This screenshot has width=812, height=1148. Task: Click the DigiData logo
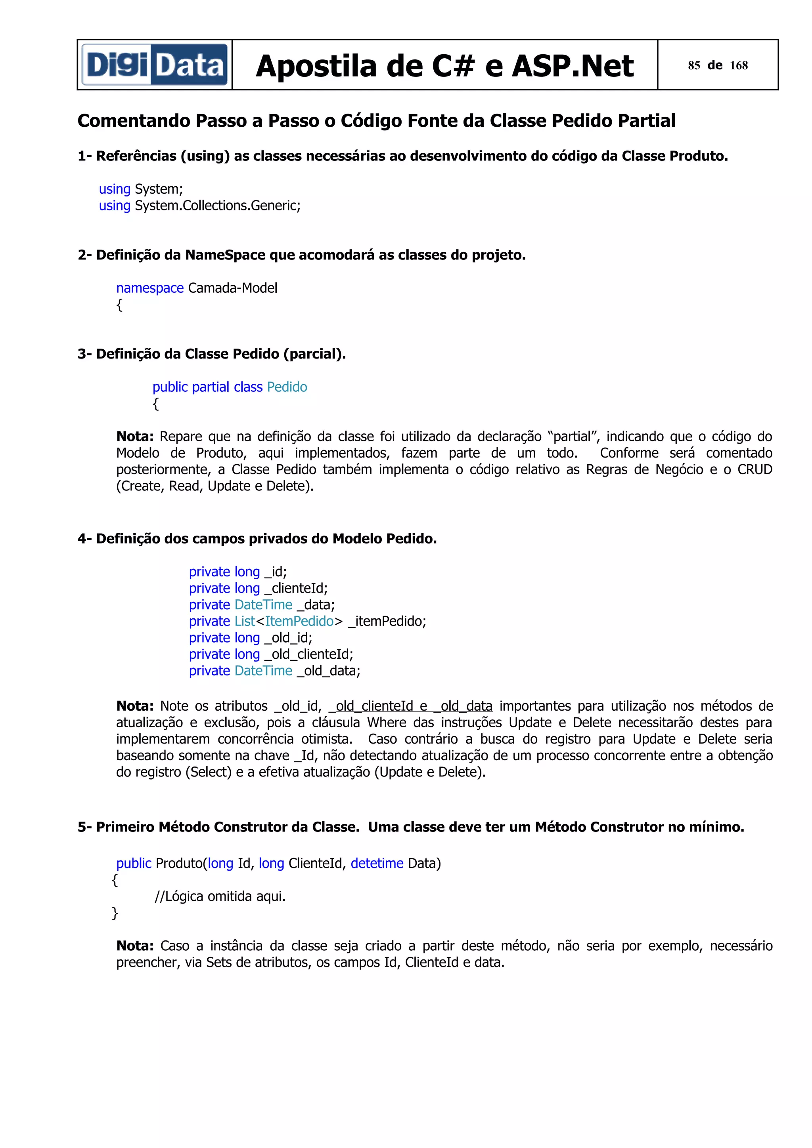pos(155,65)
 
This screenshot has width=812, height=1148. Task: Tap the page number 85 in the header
pos(693,65)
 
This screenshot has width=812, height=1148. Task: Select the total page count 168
pos(739,65)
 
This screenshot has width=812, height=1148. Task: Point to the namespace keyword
pos(149,288)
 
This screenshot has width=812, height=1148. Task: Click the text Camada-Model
pos(233,288)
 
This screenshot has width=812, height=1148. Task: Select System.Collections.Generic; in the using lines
pos(218,206)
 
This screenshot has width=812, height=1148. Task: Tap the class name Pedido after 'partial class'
pos(287,387)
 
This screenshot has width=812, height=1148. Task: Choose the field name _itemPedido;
pos(387,621)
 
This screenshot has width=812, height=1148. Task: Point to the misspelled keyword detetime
pos(377,863)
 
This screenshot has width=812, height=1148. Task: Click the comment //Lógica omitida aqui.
pos(220,896)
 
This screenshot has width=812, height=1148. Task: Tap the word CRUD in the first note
pos(755,469)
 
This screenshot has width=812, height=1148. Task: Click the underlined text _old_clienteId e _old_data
pos(411,706)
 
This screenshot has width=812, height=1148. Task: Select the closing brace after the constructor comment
pos(115,913)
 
